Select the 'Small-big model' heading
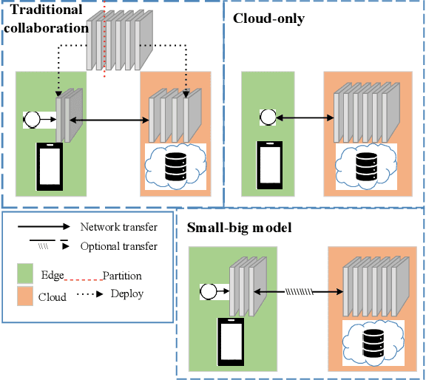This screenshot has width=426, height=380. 240,227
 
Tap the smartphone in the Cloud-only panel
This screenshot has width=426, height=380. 268,163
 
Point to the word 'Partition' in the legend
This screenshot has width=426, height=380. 121,275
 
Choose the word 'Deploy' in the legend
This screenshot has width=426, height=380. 126,294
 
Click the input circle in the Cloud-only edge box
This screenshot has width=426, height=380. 268,116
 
